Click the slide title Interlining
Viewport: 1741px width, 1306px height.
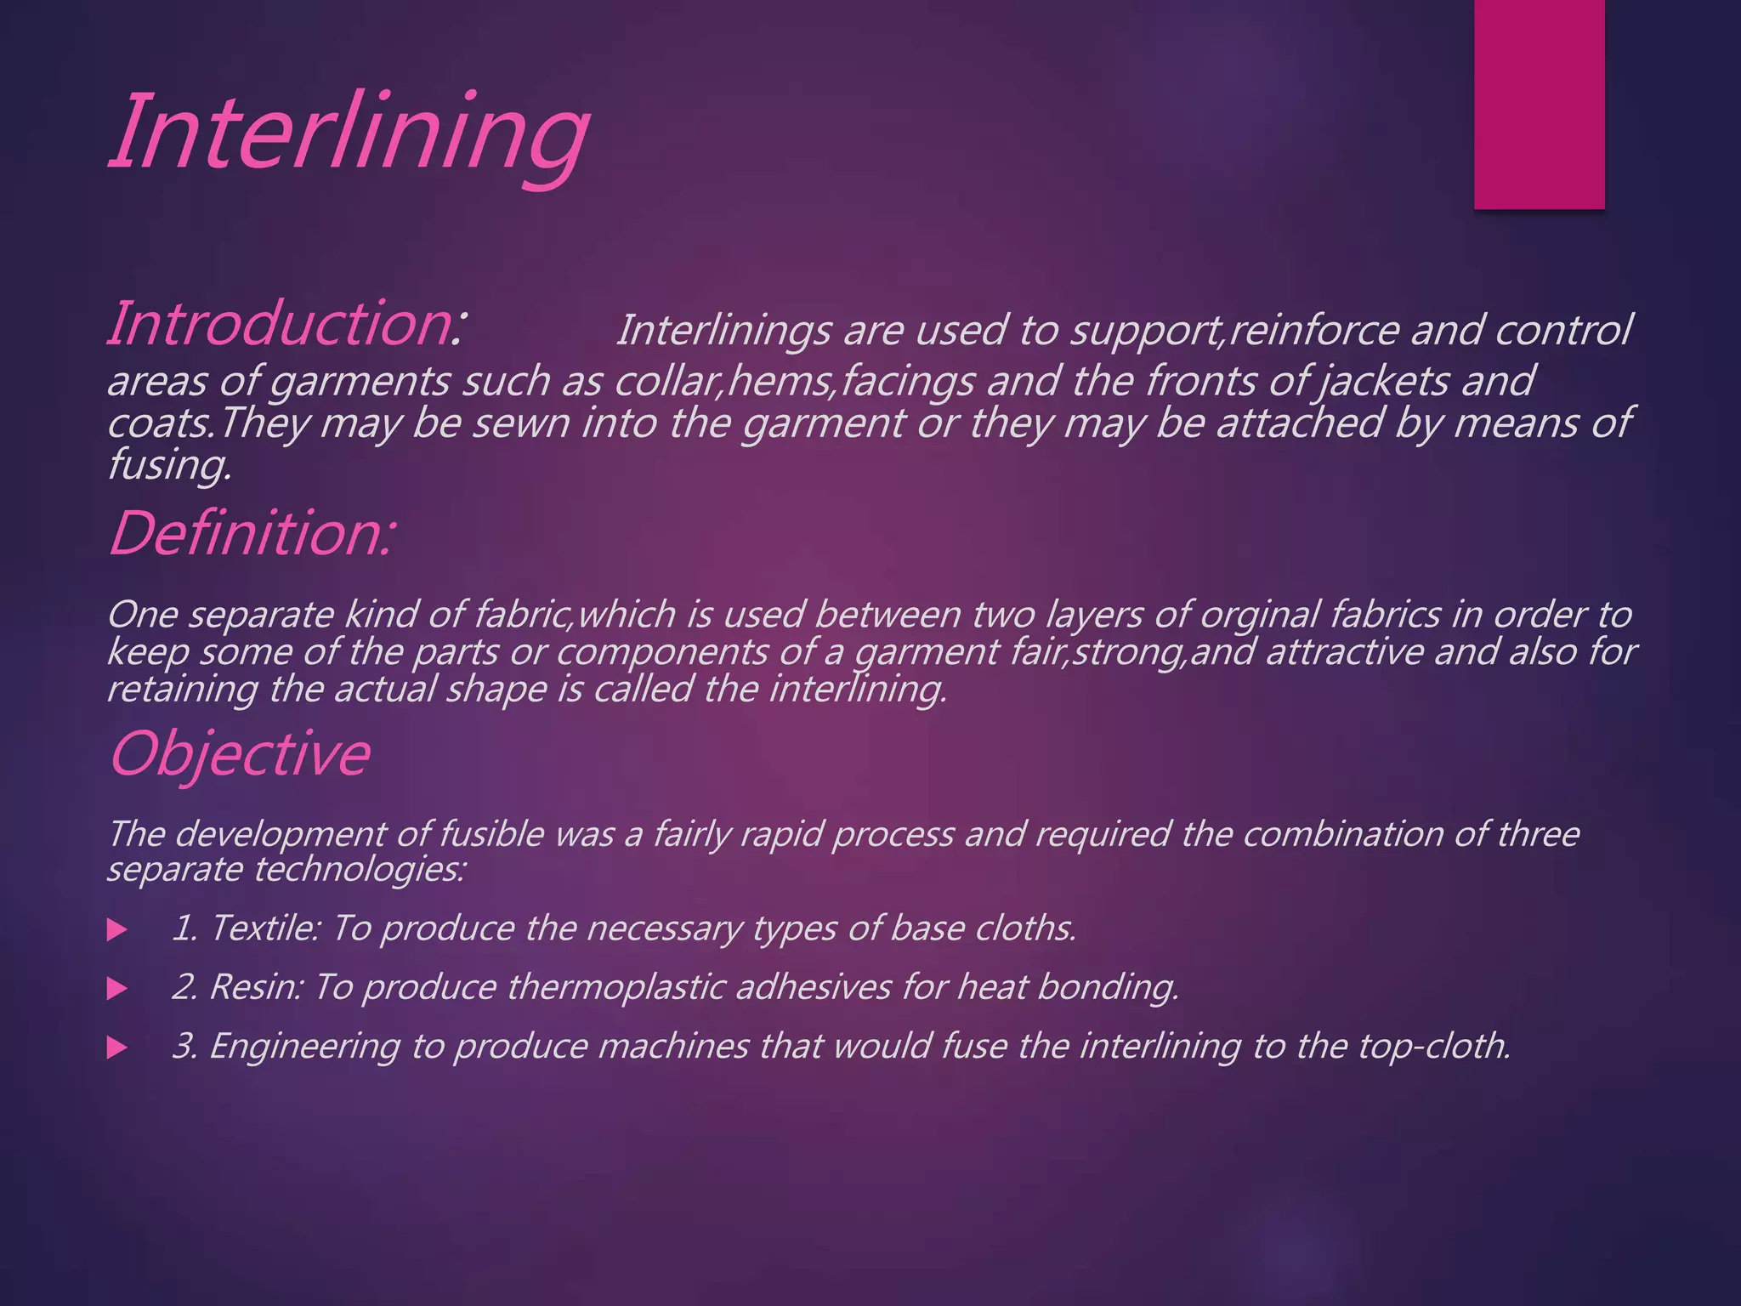pyautogui.click(x=349, y=134)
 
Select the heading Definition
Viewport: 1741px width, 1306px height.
pyautogui.click(x=251, y=534)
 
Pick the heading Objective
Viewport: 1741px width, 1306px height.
pyautogui.click(x=240, y=753)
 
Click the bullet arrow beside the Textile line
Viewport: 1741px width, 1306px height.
pyautogui.click(x=117, y=929)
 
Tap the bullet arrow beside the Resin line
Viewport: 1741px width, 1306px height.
pyautogui.click(x=117, y=988)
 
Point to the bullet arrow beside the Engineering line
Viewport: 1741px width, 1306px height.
pyautogui.click(x=117, y=1048)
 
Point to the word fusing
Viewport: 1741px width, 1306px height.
pyautogui.click(x=168, y=465)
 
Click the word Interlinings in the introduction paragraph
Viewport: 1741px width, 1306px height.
pyautogui.click(x=723, y=330)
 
